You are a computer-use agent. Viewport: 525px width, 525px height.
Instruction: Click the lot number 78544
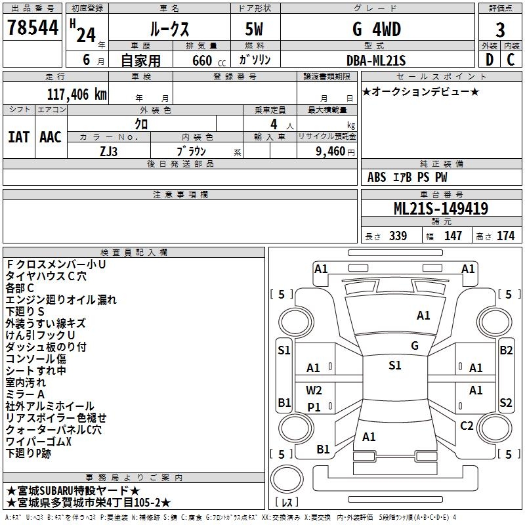[33, 28]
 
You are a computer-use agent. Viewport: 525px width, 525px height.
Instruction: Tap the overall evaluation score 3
[500, 30]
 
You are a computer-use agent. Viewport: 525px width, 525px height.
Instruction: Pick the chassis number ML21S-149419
[440, 209]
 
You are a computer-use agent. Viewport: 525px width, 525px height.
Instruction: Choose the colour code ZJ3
[109, 151]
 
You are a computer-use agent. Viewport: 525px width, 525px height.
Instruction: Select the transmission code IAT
[18, 137]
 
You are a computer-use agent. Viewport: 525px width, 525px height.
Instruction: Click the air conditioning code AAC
[51, 137]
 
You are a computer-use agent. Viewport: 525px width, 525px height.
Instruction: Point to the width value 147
[453, 236]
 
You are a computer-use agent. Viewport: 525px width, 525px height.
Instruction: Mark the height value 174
[506, 236]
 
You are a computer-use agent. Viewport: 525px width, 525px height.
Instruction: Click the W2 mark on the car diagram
[314, 390]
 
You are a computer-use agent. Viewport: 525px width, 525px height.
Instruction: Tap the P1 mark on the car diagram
[314, 407]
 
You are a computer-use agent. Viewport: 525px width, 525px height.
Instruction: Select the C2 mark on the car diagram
[467, 426]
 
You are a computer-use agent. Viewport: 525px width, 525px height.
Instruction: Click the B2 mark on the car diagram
[506, 350]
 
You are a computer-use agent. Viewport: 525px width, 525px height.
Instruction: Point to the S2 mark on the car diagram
[506, 402]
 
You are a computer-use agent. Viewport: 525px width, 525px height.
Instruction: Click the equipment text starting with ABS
[408, 177]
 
